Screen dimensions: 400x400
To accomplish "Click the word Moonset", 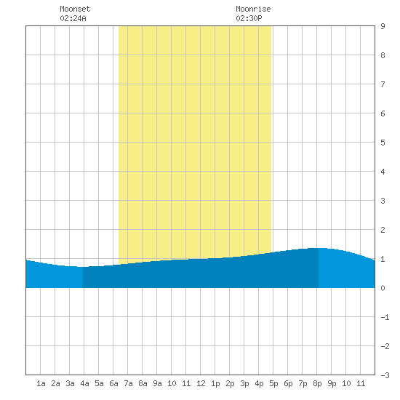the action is [x=75, y=9].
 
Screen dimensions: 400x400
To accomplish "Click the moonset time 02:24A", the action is [x=73, y=18].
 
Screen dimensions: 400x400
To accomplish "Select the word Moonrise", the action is [x=253, y=9].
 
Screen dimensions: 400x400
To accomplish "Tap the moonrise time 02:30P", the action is [x=249, y=18].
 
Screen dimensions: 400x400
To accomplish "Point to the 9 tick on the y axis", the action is [x=383, y=26].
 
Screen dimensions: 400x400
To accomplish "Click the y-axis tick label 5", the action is [x=383, y=143].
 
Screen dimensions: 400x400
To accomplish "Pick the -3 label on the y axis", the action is [x=385, y=375].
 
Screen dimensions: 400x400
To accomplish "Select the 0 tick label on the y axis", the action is [x=383, y=288].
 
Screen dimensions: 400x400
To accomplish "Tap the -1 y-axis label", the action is [x=385, y=317].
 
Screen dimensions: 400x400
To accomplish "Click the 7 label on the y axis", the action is [x=383, y=84].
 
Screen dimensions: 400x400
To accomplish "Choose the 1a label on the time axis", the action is [x=41, y=383].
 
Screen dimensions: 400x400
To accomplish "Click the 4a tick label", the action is [x=84, y=383].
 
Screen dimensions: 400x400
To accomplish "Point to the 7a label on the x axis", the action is [x=128, y=383].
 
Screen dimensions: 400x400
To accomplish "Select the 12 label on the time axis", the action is [x=201, y=383].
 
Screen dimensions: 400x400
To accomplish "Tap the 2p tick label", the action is [x=230, y=383].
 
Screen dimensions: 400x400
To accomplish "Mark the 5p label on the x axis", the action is [x=273, y=383].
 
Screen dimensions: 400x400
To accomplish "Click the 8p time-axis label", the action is [x=317, y=383].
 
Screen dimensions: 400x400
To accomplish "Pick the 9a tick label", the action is [x=157, y=383].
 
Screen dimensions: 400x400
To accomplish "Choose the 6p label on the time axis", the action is [x=288, y=383].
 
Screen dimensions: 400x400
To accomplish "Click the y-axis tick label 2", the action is [x=383, y=230].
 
